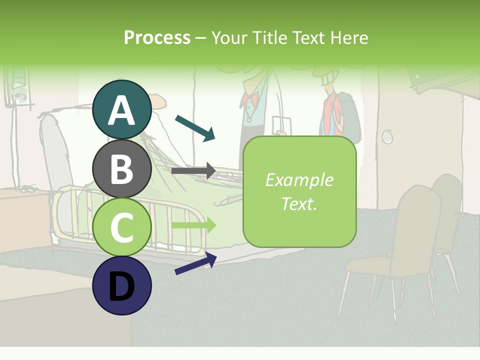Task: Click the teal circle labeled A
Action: click(x=121, y=109)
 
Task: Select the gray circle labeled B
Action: click(x=121, y=168)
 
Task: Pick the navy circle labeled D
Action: click(x=121, y=285)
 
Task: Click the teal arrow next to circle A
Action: click(x=195, y=127)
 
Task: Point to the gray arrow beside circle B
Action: click(x=193, y=170)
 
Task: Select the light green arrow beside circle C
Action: click(x=193, y=225)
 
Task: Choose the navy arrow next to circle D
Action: click(x=195, y=264)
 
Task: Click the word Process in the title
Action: click(x=157, y=37)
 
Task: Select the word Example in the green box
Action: click(x=299, y=180)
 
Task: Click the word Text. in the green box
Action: click(x=299, y=204)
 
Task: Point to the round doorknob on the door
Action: click(x=387, y=136)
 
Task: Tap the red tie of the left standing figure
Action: click(x=246, y=103)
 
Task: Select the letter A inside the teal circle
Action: click(x=121, y=110)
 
